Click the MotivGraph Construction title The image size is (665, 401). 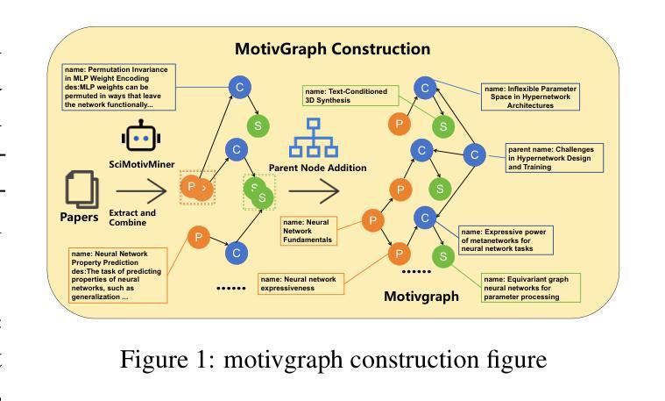click(332, 49)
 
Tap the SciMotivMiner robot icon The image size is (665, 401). click(140, 139)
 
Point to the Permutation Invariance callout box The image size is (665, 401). click(118, 87)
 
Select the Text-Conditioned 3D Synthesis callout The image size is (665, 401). click(349, 95)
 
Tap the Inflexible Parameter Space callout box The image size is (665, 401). click(531, 96)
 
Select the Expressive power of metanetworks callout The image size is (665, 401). click(505, 240)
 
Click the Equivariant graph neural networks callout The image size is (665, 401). click(531, 288)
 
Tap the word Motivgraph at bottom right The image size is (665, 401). click(421, 296)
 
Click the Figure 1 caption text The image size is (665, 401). click(333, 360)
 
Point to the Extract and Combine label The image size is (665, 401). click(132, 218)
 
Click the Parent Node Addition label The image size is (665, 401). click(317, 168)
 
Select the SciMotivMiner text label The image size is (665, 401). click(140, 165)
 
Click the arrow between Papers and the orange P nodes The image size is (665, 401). click(140, 189)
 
